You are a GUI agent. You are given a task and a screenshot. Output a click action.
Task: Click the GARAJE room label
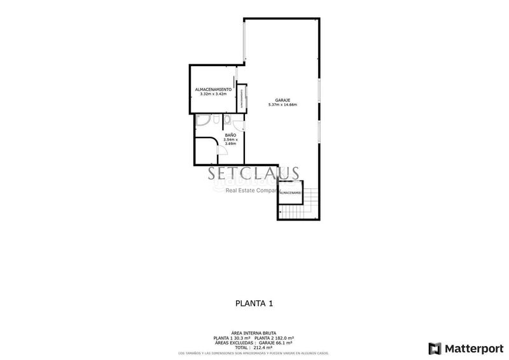(282, 100)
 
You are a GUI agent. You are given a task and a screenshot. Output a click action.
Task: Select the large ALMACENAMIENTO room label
(213, 90)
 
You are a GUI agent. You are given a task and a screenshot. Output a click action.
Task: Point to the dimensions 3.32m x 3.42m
(213, 94)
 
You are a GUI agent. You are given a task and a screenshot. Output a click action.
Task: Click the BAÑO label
(230, 135)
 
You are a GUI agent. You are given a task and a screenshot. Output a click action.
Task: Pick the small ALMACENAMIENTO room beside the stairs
(290, 191)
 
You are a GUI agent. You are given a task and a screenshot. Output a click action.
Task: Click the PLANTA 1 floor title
(254, 304)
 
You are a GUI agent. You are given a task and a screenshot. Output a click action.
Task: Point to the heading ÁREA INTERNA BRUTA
(254, 333)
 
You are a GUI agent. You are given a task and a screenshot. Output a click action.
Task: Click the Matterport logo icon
(435, 348)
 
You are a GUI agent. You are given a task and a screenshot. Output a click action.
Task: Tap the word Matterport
(474, 348)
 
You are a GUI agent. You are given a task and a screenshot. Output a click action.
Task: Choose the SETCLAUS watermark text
(254, 172)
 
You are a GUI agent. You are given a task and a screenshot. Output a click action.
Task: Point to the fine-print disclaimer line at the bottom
(254, 353)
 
